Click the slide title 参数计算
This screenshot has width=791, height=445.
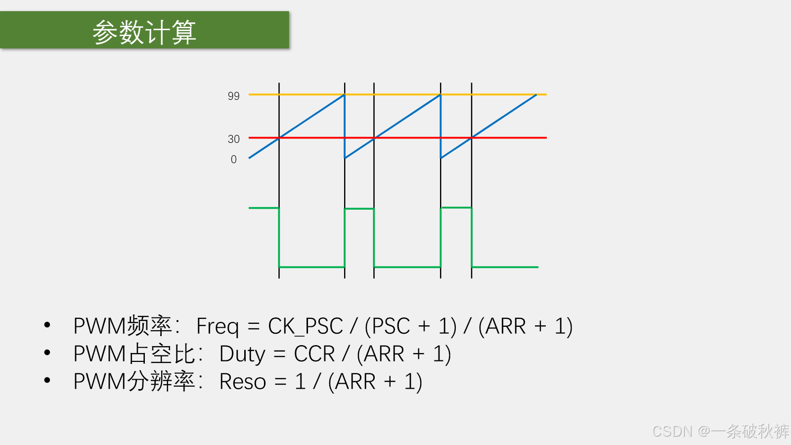(x=144, y=32)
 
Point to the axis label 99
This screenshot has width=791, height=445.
(x=234, y=96)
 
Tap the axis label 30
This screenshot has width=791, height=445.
(x=234, y=139)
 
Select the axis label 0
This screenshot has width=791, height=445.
(x=234, y=159)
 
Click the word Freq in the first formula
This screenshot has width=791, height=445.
(x=218, y=326)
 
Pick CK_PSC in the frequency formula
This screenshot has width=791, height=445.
(x=306, y=326)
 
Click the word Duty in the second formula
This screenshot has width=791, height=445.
(x=242, y=354)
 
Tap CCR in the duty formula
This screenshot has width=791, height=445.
(x=314, y=354)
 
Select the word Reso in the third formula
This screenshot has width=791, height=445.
(x=243, y=381)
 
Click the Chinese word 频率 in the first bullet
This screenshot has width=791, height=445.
(x=149, y=326)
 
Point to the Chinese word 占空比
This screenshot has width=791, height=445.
(x=161, y=354)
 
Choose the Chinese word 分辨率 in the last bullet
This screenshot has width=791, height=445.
(x=161, y=381)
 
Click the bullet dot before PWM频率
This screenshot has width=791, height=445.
(x=47, y=325)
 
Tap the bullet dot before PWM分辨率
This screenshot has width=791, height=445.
(x=47, y=380)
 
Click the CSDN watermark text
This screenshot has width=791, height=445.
(x=720, y=431)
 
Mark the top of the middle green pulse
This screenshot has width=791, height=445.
(x=359, y=209)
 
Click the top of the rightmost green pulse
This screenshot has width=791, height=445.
(x=456, y=208)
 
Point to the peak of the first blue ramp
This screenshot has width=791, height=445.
(x=344, y=94)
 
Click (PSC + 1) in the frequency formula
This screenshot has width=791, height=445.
(x=410, y=326)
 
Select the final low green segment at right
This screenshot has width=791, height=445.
(x=505, y=267)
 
